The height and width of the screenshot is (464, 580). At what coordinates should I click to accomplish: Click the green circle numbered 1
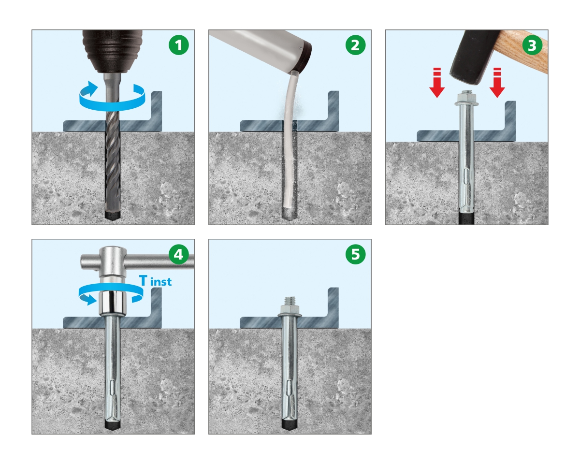pos(179,45)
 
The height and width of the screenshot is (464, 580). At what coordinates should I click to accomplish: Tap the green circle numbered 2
pos(356,45)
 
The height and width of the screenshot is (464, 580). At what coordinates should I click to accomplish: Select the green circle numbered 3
pos(532,45)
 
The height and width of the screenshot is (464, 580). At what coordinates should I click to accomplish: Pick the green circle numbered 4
pos(179,254)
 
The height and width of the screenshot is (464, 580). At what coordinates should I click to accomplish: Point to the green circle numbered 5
pos(356,254)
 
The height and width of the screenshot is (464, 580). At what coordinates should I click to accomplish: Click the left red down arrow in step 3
pos(437,83)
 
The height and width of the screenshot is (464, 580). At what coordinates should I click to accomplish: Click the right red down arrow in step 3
pos(497,83)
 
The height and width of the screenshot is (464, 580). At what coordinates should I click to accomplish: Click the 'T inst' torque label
pos(156,281)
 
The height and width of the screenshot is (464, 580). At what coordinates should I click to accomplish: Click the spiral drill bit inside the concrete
pos(112,173)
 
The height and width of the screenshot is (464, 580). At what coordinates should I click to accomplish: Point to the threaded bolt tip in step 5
pos(290,301)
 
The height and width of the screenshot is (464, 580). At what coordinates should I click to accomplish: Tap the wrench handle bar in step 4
pos(137,261)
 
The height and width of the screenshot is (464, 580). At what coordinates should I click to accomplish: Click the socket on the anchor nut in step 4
pos(113,303)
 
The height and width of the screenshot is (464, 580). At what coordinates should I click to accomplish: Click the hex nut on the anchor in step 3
pos(466,97)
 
